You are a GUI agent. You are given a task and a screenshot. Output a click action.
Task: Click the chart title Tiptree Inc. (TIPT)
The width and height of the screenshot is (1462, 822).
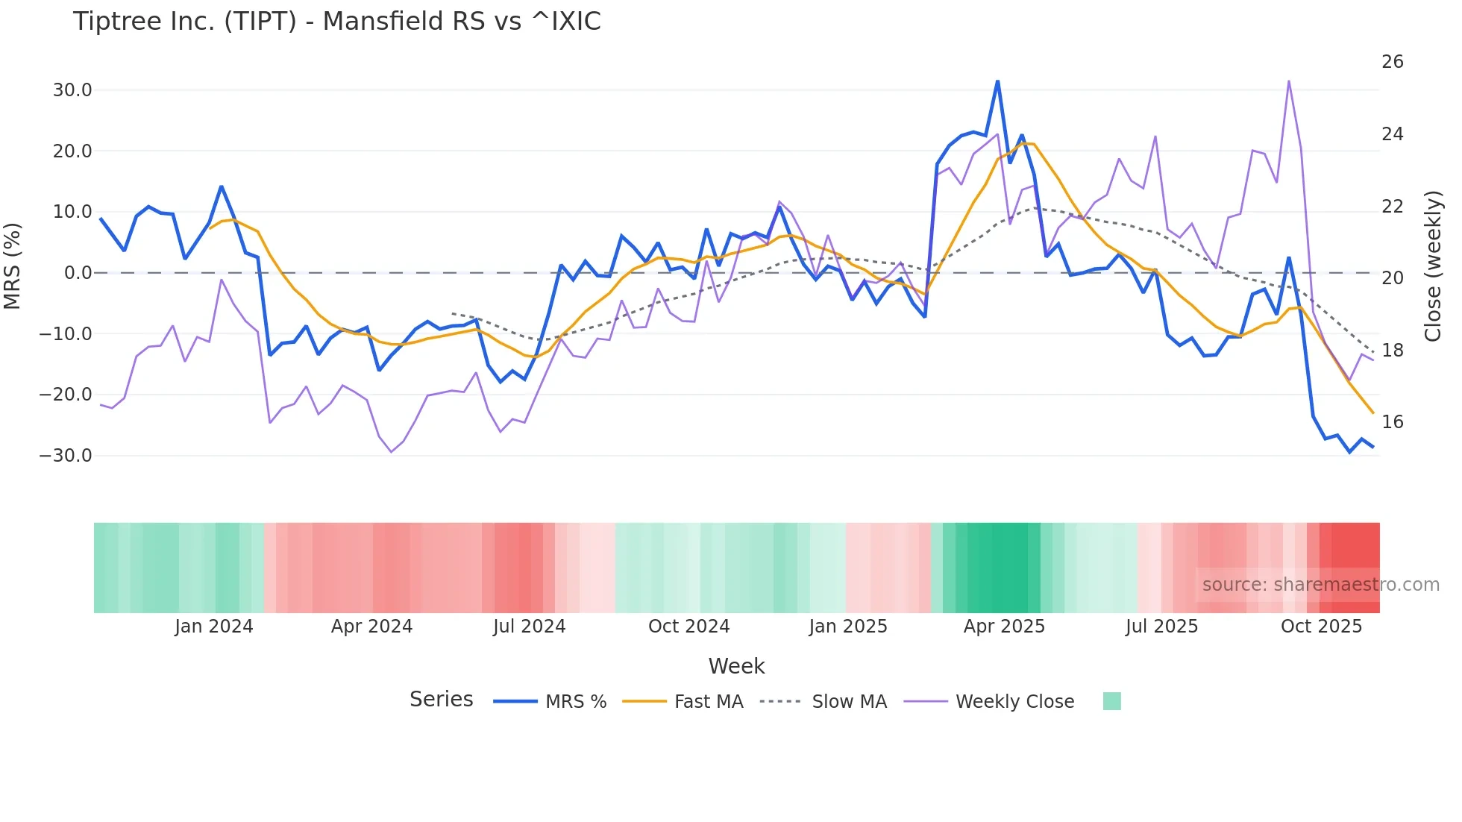[336, 22]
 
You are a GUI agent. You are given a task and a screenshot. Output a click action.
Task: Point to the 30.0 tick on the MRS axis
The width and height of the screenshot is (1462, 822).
[72, 90]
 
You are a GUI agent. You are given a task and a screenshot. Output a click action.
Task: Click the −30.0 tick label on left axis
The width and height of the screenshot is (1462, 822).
[66, 456]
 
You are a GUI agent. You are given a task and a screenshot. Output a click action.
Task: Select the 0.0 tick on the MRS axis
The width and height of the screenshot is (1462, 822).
[78, 273]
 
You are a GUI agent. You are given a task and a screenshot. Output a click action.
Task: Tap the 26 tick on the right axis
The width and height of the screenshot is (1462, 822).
[1392, 62]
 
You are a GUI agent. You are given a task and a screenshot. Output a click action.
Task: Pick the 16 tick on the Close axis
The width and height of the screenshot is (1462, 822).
[1392, 422]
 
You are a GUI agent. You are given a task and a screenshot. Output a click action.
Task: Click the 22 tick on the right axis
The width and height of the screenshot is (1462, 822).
[1392, 207]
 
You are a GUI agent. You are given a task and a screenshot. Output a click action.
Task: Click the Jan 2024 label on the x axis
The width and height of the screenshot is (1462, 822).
[214, 627]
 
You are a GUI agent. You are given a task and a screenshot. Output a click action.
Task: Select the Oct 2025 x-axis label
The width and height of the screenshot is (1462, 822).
[1321, 627]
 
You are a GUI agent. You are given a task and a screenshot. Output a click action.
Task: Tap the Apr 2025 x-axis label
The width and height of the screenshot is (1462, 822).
[1004, 627]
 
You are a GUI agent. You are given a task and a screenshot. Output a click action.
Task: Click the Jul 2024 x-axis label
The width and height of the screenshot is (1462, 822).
[529, 627]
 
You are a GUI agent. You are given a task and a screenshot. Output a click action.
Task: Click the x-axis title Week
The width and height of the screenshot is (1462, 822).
[736, 666]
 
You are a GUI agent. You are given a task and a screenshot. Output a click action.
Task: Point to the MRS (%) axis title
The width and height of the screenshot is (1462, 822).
[12, 266]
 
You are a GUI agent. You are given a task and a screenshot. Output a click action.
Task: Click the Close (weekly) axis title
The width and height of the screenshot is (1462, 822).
[1433, 266]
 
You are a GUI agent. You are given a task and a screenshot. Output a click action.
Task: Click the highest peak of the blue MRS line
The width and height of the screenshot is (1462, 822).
[997, 81]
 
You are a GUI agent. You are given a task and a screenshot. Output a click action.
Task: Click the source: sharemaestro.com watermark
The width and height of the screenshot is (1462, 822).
[1320, 585]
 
